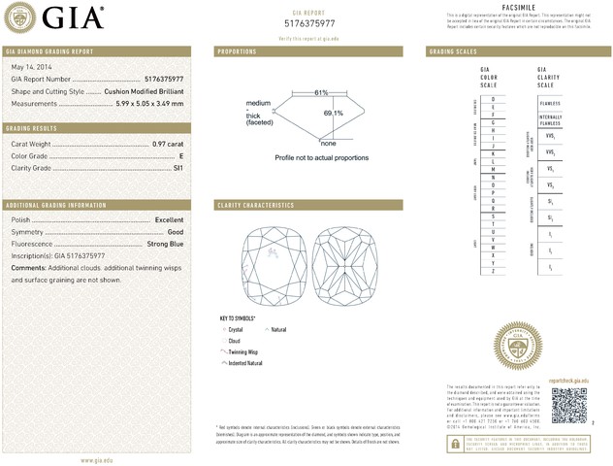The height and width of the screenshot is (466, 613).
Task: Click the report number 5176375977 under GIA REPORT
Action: (309, 21)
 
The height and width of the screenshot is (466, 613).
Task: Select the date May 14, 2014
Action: (28, 66)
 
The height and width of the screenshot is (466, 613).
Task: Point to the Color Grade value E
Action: (181, 155)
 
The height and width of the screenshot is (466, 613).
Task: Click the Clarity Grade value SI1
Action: (177, 167)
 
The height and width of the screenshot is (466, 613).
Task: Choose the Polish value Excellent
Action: (169, 220)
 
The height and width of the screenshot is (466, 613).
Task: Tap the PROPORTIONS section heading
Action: (237, 50)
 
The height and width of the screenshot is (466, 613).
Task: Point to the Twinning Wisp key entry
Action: (242, 352)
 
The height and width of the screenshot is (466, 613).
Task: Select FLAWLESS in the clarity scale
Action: (550, 100)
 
